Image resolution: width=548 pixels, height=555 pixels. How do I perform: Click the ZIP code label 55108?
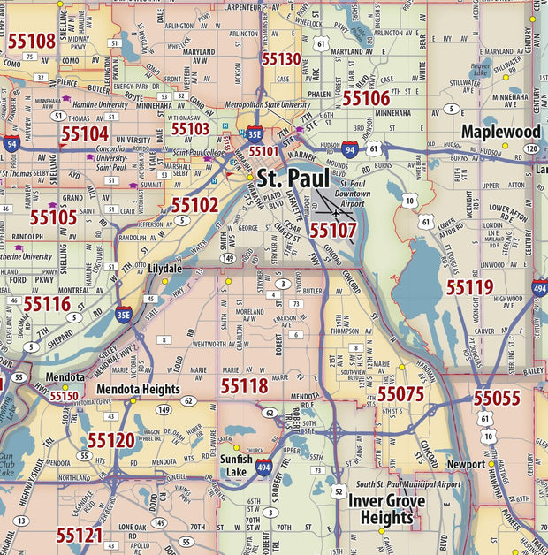click(x=32, y=41)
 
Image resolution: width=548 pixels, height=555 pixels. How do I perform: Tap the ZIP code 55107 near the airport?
click(x=333, y=230)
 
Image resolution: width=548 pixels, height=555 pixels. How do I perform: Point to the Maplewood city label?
click(x=500, y=132)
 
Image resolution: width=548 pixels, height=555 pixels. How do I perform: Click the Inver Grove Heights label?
click(x=386, y=509)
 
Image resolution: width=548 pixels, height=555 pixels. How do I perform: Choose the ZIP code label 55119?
click(x=469, y=287)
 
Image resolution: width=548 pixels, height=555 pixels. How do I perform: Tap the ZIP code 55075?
click(x=401, y=394)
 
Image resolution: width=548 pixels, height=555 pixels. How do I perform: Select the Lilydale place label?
click(x=164, y=268)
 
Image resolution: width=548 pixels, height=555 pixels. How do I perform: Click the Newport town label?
click(x=466, y=464)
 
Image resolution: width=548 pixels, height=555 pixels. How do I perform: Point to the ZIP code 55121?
click(x=80, y=535)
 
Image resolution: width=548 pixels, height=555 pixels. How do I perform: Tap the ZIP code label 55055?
click(x=497, y=399)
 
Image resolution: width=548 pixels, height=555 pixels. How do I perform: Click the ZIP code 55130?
click(x=281, y=60)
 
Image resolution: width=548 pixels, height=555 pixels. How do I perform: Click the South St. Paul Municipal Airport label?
click(x=408, y=484)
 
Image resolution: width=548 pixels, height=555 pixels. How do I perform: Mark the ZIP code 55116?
click(x=47, y=304)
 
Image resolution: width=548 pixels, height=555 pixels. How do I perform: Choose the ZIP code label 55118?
click(x=244, y=385)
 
